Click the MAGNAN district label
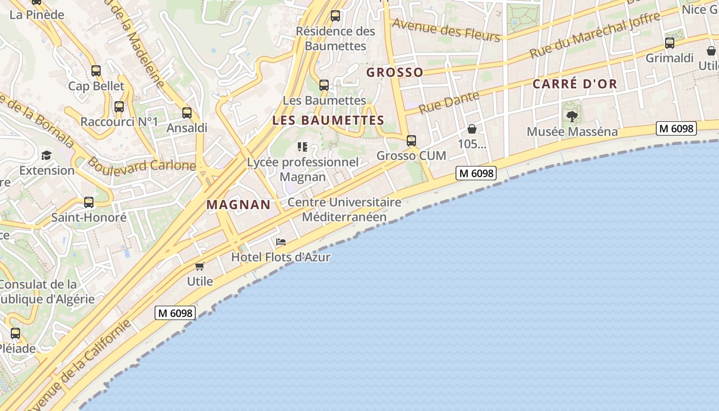click(238, 204)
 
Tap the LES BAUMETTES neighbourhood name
click(328, 120)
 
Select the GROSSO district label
click(394, 72)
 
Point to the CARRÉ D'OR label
click(574, 84)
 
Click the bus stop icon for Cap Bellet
click(96, 71)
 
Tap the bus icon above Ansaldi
click(187, 113)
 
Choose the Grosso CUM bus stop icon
click(411, 141)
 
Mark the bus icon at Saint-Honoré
click(89, 202)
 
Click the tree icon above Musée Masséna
click(572, 117)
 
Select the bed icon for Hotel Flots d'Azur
click(281, 242)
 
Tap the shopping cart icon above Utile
click(200, 266)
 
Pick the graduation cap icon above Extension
click(47, 155)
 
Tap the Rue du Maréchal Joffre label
click(595, 35)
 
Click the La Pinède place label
click(37, 14)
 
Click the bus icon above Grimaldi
click(670, 43)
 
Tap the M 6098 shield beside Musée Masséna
click(676, 128)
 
